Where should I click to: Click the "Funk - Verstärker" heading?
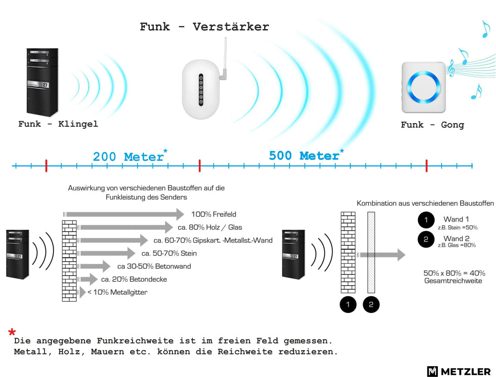[204, 27]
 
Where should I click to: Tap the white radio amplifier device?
[201, 89]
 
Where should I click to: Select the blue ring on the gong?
[423, 87]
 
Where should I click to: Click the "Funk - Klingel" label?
[58, 124]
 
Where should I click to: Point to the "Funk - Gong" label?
[432, 125]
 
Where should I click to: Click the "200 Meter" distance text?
[128, 157]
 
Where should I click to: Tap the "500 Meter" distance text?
[304, 155]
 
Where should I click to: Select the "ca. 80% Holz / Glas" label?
[210, 227]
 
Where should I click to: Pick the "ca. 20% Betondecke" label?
[134, 279]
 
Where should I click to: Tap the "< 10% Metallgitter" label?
[118, 292]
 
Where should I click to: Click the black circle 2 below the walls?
[371, 304]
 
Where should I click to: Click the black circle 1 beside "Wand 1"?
[426, 220]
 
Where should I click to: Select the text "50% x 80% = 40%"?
[454, 273]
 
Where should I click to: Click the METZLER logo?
[459, 371]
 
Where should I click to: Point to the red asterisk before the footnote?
[12, 332]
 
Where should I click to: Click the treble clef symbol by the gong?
[451, 69]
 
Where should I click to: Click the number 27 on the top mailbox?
[45, 85]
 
